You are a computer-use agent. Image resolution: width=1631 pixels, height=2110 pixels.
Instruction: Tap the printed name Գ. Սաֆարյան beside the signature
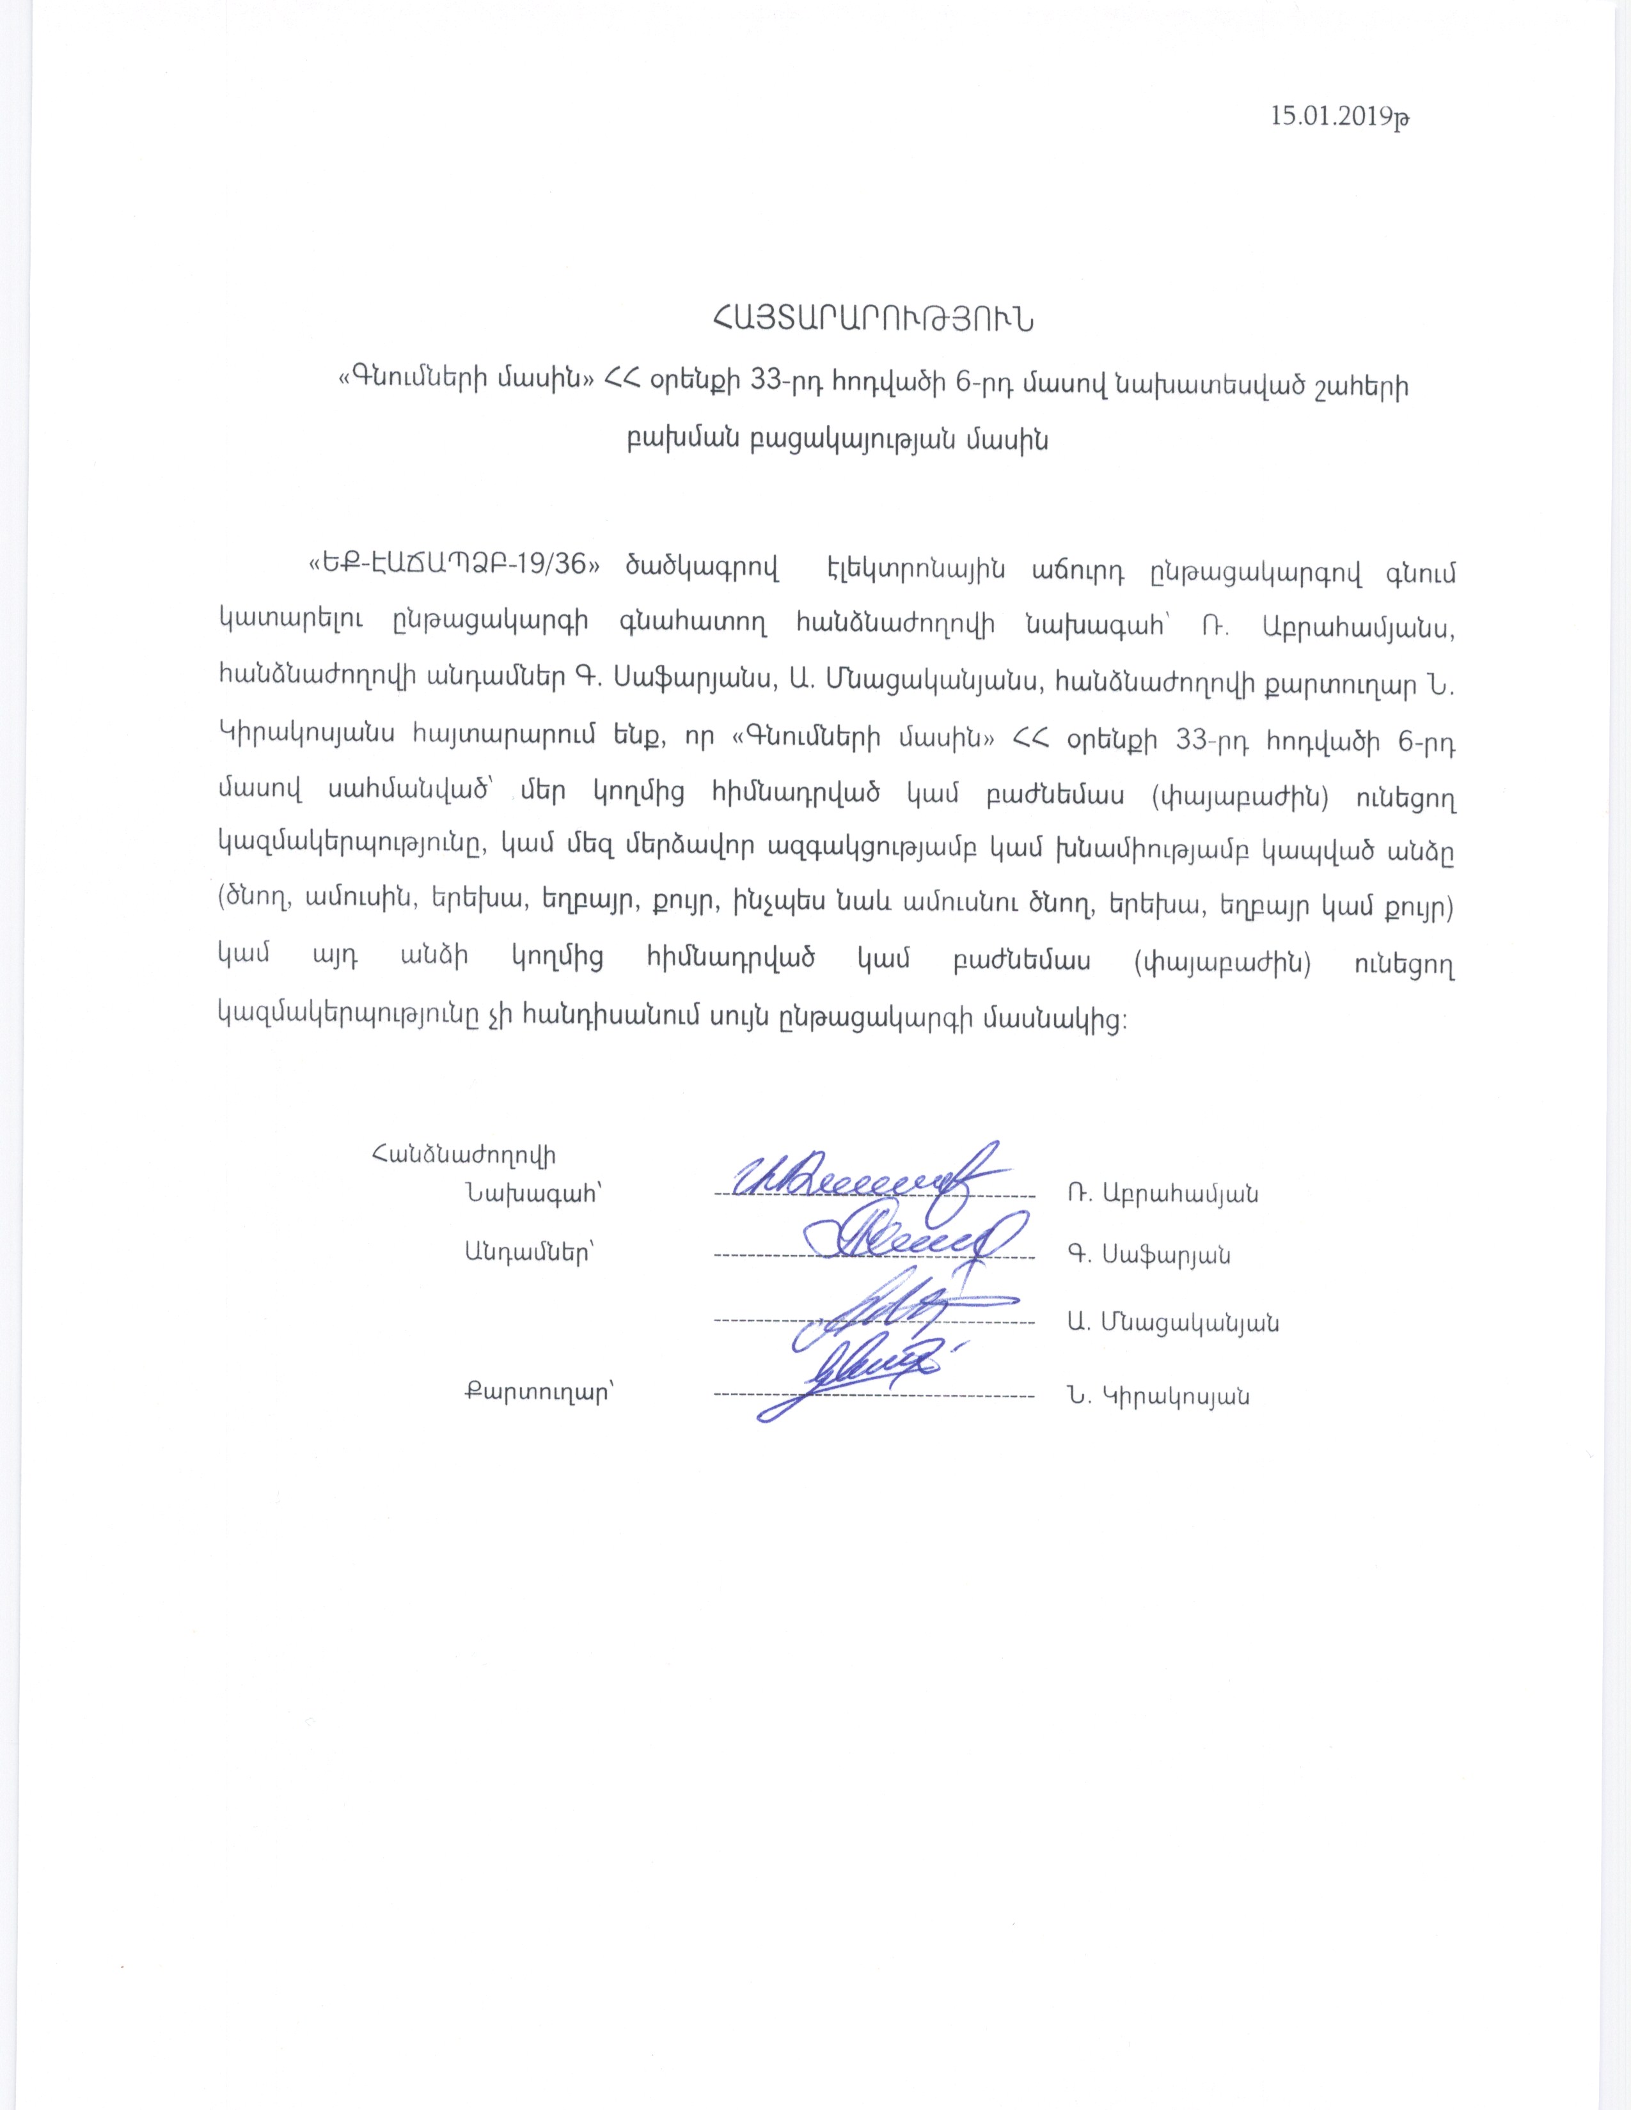1149,1255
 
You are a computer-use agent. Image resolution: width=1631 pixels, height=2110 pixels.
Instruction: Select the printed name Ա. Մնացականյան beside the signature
1173,1323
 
